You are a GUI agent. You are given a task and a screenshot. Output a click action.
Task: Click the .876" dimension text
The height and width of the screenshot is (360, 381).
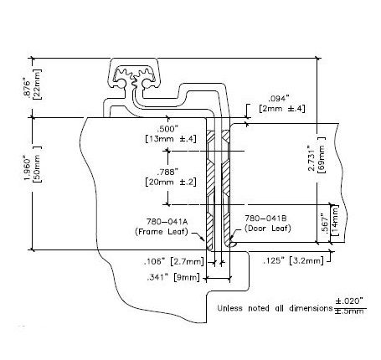pos(27,89)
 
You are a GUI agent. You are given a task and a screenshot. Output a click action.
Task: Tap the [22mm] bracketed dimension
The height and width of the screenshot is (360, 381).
pos(37,84)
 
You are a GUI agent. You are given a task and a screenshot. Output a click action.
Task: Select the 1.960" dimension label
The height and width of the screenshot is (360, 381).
pos(28,169)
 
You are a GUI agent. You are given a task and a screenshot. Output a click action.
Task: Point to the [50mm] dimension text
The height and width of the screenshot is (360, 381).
pos(37,164)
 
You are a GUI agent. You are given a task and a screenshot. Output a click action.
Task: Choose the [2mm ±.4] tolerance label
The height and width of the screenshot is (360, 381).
pos(282,108)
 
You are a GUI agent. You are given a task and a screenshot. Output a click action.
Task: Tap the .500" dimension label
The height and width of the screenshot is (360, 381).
pos(167,130)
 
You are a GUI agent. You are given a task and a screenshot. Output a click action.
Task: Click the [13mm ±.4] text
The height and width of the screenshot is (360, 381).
pos(171,139)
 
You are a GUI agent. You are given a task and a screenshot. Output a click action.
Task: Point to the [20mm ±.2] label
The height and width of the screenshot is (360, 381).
pos(171,182)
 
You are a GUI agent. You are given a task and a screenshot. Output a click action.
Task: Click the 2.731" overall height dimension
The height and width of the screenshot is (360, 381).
pos(311,157)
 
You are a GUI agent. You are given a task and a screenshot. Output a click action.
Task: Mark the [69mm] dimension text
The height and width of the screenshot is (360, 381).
pos(322,155)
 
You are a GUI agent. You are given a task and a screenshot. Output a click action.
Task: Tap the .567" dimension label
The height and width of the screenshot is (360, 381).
pos(324,224)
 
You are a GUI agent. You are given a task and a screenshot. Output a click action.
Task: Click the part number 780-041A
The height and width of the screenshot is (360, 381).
pos(167,222)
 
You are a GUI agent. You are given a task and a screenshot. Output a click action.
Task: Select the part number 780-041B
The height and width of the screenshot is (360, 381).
pos(265,219)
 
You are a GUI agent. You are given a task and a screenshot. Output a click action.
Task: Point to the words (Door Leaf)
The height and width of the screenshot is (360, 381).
pos(268,229)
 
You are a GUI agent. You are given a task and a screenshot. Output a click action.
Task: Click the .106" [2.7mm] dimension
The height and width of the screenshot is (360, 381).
pos(174,262)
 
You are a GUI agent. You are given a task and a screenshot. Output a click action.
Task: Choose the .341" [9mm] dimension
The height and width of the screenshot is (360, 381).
pos(173,277)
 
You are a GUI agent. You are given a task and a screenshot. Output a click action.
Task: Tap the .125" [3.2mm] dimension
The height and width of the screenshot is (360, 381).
pos(293,260)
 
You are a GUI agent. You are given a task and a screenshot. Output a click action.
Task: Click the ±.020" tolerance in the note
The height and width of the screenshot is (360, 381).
pos(349,301)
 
